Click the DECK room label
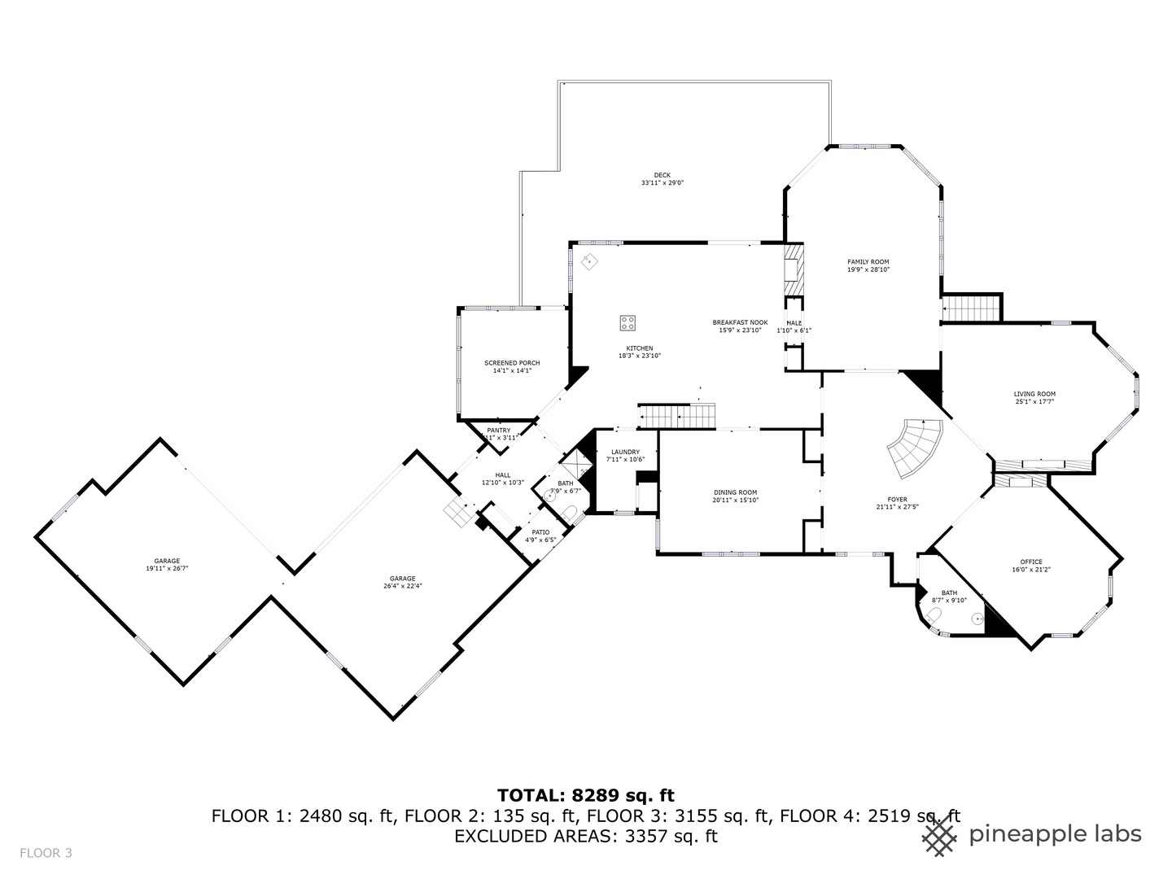pyautogui.click(x=662, y=175)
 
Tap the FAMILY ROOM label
pyautogui.click(x=868, y=262)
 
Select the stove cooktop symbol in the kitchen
pyautogui.click(x=628, y=323)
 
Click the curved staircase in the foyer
pyautogui.click(x=915, y=449)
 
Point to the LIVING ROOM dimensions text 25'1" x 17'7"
pyautogui.click(x=1034, y=402)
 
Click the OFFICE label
pyautogui.click(x=1031, y=562)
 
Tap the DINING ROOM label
pyautogui.click(x=735, y=492)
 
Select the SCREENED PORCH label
pyautogui.click(x=512, y=363)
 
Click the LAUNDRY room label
pyautogui.click(x=625, y=452)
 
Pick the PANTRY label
pyautogui.click(x=498, y=431)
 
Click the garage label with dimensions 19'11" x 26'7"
pyautogui.click(x=167, y=561)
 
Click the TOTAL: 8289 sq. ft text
pyautogui.click(x=585, y=795)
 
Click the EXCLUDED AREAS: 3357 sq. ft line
pyautogui.click(x=585, y=836)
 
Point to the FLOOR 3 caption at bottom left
pyautogui.click(x=46, y=853)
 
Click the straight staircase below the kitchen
pyautogui.click(x=677, y=417)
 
